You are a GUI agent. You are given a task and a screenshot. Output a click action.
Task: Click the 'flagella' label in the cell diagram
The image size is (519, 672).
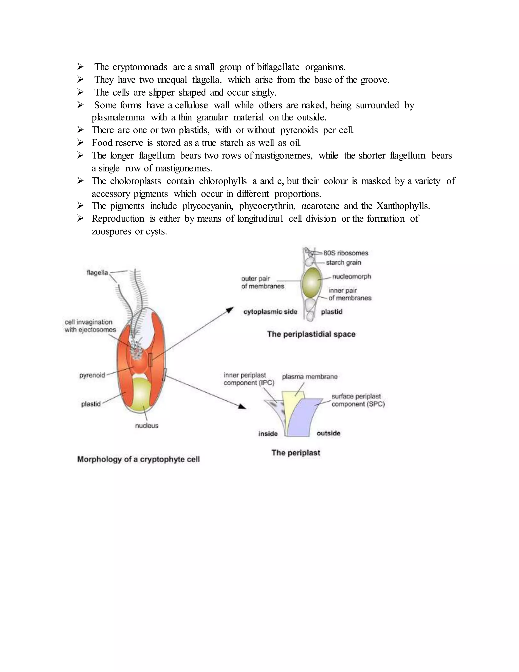97,273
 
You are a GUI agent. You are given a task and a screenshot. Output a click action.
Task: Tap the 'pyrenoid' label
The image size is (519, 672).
92,375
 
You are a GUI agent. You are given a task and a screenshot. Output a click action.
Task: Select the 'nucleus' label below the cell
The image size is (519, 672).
147,426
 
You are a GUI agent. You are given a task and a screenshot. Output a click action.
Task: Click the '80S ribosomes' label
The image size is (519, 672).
346,253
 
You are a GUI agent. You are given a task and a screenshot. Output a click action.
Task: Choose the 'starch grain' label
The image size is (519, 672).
343,262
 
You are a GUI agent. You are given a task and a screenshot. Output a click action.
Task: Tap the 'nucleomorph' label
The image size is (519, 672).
351,277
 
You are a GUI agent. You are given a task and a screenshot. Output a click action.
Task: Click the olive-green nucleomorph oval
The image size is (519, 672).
311,282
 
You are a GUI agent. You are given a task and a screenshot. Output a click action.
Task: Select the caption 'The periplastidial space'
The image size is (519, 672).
311,334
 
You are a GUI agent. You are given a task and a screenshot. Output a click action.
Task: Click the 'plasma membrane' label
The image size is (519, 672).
310,377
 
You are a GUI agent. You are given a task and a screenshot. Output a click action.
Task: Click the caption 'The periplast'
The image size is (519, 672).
296,453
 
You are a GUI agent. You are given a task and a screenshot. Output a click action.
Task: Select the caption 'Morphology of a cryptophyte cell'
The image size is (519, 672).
138,459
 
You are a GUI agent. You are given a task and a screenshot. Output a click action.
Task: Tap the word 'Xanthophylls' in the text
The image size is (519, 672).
402,206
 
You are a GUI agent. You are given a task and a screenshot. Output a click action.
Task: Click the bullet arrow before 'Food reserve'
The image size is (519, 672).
80,143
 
